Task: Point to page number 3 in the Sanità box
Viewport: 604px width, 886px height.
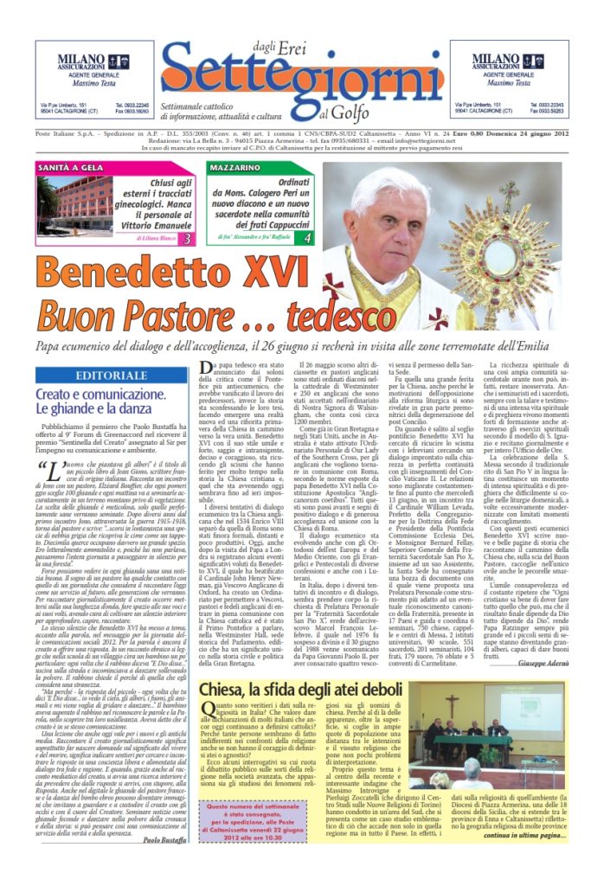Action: [189, 237]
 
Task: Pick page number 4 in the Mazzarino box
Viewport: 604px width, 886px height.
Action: [308, 237]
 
